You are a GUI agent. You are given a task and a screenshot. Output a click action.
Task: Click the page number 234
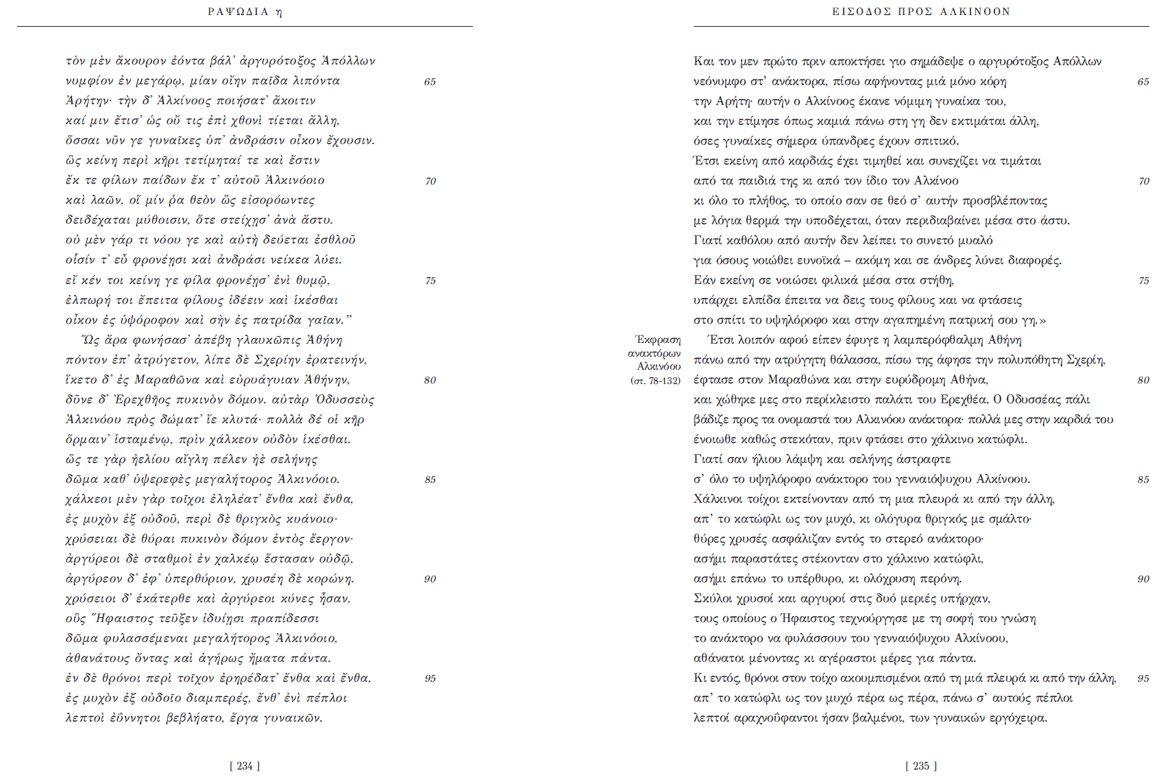pos(245,766)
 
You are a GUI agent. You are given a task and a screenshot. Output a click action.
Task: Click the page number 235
pos(920,766)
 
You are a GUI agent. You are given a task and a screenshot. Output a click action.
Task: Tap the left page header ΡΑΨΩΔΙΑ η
pos(245,12)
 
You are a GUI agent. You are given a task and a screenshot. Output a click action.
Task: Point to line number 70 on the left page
pos(430,181)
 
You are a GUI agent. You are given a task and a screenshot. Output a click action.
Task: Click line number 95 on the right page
pos(1143,678)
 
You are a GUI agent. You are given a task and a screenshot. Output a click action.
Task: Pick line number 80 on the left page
pos(430,380)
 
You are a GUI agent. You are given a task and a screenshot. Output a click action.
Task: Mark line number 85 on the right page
pos(1143,479)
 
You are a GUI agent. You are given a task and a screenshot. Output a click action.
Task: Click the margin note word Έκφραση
pos(658,340)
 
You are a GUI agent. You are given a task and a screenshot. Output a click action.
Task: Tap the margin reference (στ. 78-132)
pos(655,381)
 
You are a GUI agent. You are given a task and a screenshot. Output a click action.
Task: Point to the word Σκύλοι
pos(713,599)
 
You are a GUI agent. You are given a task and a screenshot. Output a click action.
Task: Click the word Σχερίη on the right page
pos(1086,360)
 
